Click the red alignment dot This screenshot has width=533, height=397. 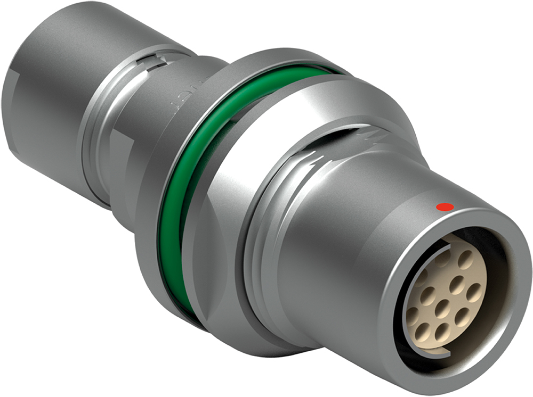pyautogui.click(x=445, y=206)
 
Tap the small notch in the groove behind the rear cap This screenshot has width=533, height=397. pyautogui.click(x=155, y=57)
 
